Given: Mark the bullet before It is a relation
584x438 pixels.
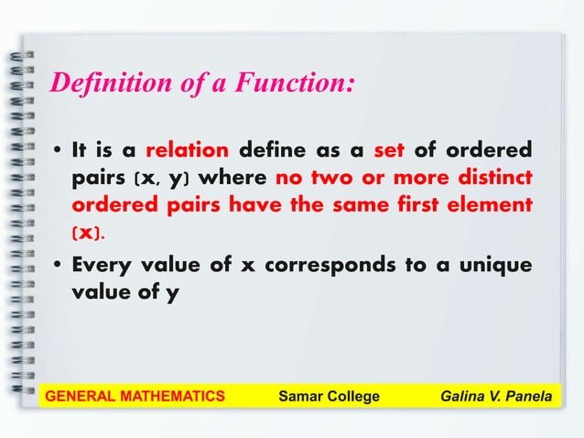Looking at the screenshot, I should (x=57, y=150).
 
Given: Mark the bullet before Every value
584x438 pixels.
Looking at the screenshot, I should (x=57, y=266).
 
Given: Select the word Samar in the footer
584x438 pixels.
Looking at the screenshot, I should (x=298, y=396).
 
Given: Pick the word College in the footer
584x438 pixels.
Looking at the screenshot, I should (x=352, y=396).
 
